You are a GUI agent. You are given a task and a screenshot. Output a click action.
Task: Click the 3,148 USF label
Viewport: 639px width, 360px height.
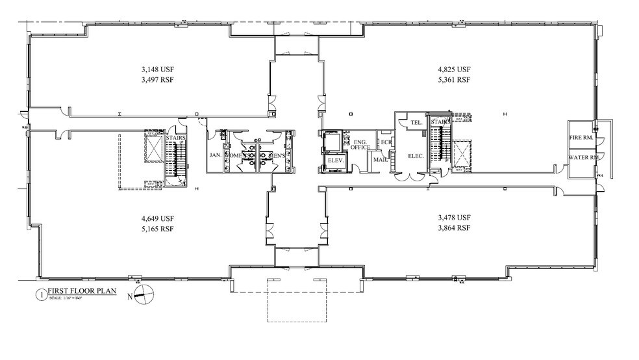(158, 69)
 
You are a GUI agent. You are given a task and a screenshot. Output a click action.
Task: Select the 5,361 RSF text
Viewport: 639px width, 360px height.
(453, 80)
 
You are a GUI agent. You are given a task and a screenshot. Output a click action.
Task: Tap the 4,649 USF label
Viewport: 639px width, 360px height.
(158, 218)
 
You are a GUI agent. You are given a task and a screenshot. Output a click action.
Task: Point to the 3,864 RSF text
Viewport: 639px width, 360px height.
(453, 229)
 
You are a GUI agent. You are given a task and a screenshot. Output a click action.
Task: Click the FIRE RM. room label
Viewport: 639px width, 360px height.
(583, 138)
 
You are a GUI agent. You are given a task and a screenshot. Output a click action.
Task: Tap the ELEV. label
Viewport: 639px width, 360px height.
(335, 159)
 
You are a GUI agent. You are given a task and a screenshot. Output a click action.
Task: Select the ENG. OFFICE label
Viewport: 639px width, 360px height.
(360, 144)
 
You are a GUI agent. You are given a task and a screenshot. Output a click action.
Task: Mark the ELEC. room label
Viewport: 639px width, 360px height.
(416, 156)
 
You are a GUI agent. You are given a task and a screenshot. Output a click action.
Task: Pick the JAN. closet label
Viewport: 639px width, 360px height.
(215, 156)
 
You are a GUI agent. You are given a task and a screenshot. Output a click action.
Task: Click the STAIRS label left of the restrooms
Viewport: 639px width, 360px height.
(176, 138)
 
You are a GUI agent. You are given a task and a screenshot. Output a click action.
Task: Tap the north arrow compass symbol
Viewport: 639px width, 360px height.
(145, 294)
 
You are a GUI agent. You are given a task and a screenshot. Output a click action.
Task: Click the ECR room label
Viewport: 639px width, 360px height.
(386, 142)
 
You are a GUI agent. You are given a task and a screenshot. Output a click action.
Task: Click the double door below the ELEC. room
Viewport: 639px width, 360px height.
(410, 175)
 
